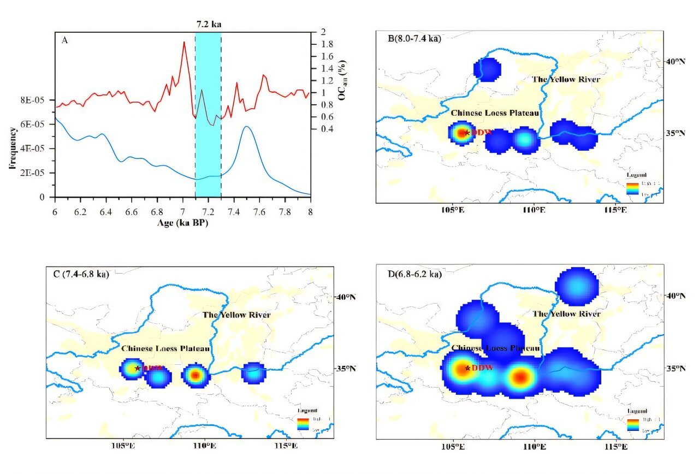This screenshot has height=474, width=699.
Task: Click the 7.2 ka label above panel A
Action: click(x=208, y=25)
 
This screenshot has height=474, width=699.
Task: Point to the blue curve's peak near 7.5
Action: click(x=246, y=127)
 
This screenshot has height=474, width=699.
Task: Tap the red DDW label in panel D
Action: click(x=483, y=368)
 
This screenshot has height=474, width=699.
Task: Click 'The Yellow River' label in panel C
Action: click(x=236, y=315)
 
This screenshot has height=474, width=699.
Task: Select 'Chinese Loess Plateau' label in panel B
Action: click(x=495, y=113)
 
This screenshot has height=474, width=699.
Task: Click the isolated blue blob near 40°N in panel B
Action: click(x=487, y=69)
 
